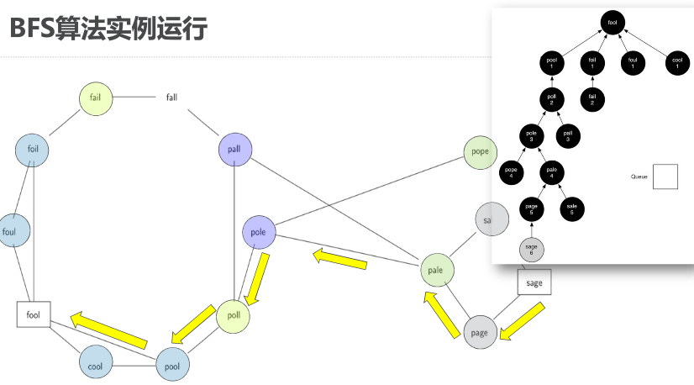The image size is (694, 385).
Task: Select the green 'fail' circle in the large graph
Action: coord(96,98)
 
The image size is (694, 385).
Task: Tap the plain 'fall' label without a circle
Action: coord(171,98)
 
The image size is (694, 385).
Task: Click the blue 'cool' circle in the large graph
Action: coord(96,366)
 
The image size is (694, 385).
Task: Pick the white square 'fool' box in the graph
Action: coord(34,314)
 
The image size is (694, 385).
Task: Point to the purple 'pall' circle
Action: coord(234,150)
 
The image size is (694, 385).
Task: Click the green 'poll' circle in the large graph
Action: coord(234,316)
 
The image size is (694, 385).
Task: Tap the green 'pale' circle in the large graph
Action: coord(436,271)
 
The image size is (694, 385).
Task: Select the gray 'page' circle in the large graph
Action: coord(479,332)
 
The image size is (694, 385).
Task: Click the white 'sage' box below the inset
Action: coord(534,283)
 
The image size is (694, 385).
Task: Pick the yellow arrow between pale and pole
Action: coord(339,259)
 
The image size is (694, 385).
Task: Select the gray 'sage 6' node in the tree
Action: coord(530,249)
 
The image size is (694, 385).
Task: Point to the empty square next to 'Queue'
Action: coord(665,177)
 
